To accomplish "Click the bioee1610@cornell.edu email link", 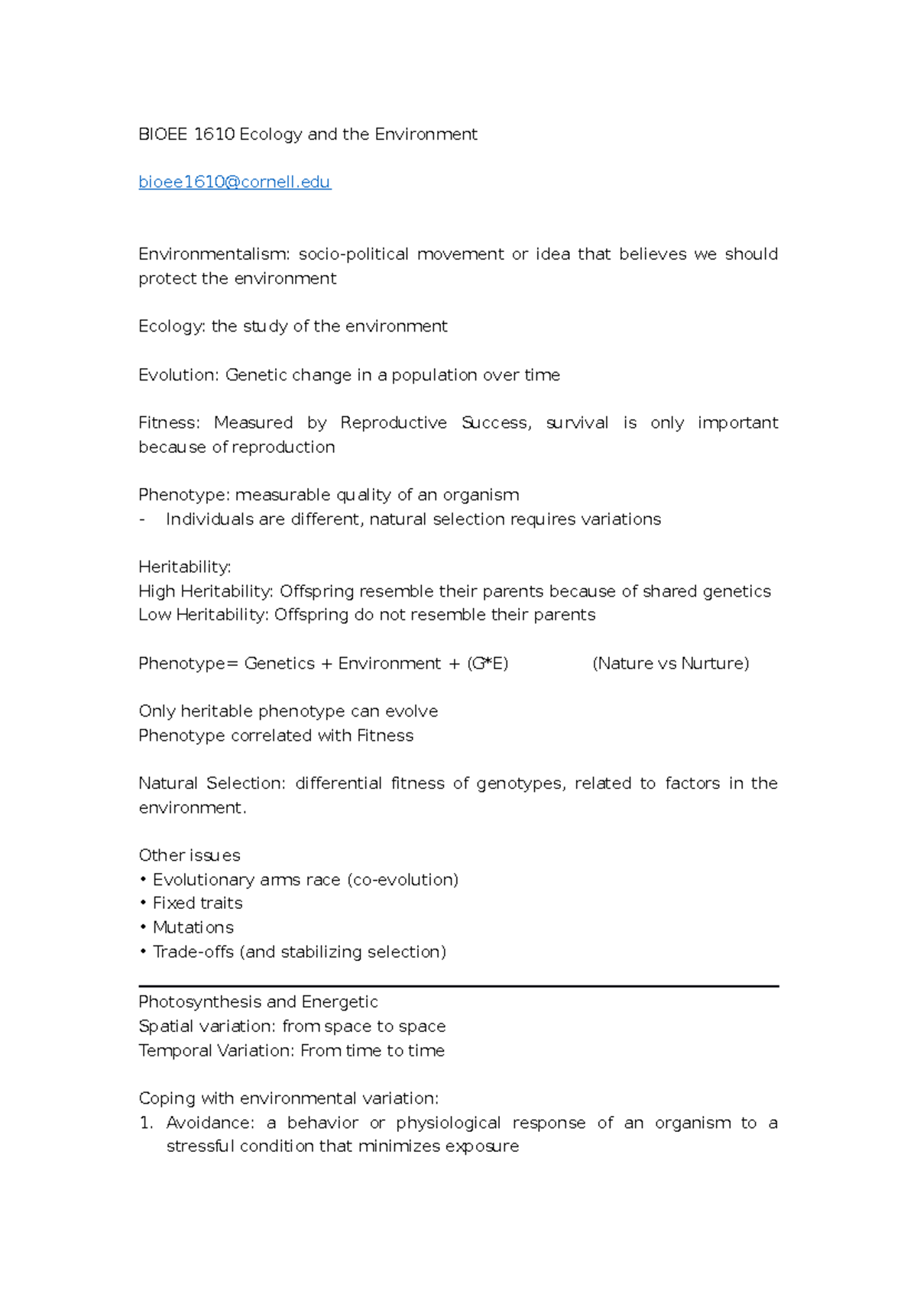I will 234,182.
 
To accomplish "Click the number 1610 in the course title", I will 214,134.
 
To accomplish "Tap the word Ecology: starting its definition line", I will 171,326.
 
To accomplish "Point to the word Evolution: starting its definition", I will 178,375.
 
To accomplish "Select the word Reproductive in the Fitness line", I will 393,422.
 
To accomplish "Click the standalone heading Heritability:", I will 184,567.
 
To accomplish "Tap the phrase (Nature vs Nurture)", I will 670,663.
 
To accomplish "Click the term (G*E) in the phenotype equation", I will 488,663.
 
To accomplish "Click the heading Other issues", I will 189,856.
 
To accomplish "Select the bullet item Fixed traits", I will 197,903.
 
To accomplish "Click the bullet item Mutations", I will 193,927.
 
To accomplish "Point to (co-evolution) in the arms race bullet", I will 403,879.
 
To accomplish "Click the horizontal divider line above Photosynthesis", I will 458,986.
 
